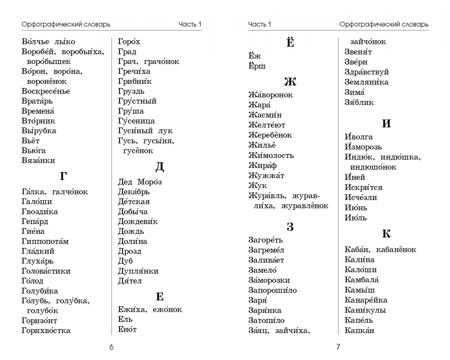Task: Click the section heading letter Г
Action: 63,176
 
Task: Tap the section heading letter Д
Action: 160,167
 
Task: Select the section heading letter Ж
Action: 290,82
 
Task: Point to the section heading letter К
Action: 386,234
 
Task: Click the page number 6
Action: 111,347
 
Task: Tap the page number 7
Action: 338,347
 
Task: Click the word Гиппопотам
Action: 45,241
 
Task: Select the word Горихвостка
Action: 46,331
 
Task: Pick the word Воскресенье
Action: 46,91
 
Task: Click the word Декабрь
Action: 134,192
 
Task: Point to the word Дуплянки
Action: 138,271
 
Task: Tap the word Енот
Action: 127,329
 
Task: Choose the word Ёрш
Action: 257,66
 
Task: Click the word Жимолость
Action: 271,155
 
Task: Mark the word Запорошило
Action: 272,290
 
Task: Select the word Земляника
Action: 366,82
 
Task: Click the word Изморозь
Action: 363,147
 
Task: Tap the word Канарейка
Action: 366,300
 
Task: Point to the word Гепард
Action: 35,221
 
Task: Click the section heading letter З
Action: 290,227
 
